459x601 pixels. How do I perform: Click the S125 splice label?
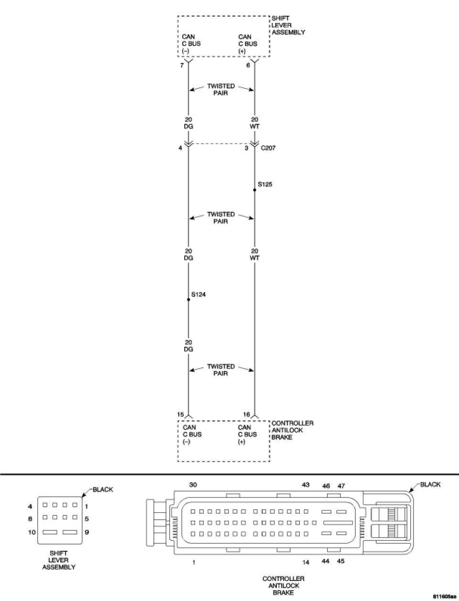[x=265, y=184]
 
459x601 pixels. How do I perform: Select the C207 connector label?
[x=269, y=148]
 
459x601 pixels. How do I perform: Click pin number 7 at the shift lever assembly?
[x=182, y=65]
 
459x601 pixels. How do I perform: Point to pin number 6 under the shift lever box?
[x=248, y=65]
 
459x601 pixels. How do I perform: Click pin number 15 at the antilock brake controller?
[x=180, y=415]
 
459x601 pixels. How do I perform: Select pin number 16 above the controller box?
[x=247, y=415]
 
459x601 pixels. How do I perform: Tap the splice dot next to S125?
[x=254, y=190]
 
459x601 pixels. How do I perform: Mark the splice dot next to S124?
[x=188, y=300]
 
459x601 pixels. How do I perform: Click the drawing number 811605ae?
[x=444, y=597]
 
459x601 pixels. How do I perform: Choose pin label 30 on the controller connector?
[x=193, y=485]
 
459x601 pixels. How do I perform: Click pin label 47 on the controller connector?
[x=341, y=486]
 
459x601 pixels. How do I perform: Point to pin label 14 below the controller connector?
[x=306, y=562]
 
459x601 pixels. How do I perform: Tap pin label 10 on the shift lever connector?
[x=32, y=532]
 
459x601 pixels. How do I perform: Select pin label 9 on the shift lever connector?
[x=87, y=532]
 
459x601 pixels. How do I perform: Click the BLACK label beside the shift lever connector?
[x=103, y=490]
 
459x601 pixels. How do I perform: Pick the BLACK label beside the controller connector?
[x=430, y=484]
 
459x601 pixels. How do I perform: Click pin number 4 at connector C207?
[x=180, y=148]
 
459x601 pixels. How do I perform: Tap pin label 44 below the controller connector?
[x=326, y=561]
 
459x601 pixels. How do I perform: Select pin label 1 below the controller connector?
[x=194, y=562]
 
